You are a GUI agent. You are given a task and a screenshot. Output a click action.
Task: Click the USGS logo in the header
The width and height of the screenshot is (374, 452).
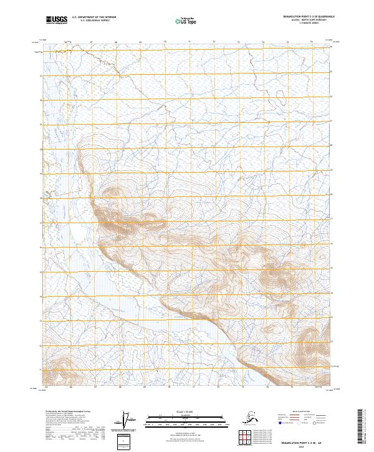pyautogui.click(x=56, y=21)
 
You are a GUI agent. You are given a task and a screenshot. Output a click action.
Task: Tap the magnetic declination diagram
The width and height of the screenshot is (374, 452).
pyautogui.click(x=128, y=421)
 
